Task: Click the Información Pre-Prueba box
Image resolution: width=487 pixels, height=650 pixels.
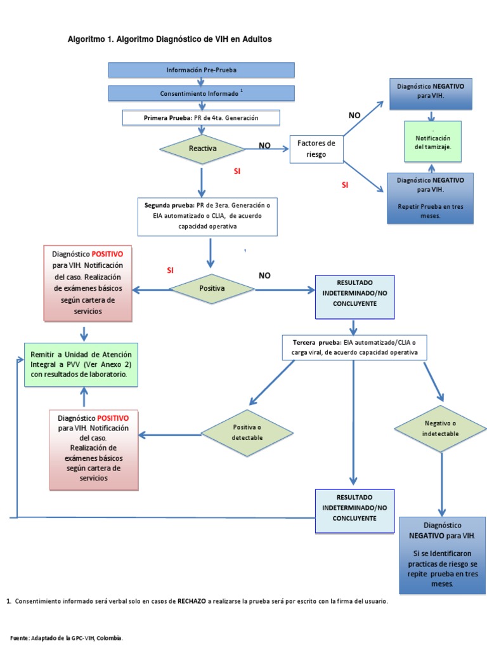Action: (201, 70)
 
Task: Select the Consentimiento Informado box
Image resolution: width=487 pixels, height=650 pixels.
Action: (201, 93)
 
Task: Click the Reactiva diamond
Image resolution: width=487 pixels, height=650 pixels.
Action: (202, 148)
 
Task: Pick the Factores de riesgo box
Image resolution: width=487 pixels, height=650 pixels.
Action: (316, 148)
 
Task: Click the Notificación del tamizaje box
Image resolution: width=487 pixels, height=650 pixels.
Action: (432, 142)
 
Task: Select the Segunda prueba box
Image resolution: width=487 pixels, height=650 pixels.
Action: (207, 216)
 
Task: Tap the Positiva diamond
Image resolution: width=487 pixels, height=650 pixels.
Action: (212, 288)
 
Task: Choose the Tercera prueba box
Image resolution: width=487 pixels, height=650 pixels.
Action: (354, 347)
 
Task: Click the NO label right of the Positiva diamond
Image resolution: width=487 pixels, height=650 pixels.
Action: (264, 275)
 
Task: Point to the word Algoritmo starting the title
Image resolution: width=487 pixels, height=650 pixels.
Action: (87, 39)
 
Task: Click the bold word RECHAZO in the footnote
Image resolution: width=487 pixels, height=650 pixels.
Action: (192, 600)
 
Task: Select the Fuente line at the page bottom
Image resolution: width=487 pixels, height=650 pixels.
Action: (67, 637)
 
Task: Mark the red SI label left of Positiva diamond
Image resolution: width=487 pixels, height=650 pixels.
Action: (170, 270)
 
